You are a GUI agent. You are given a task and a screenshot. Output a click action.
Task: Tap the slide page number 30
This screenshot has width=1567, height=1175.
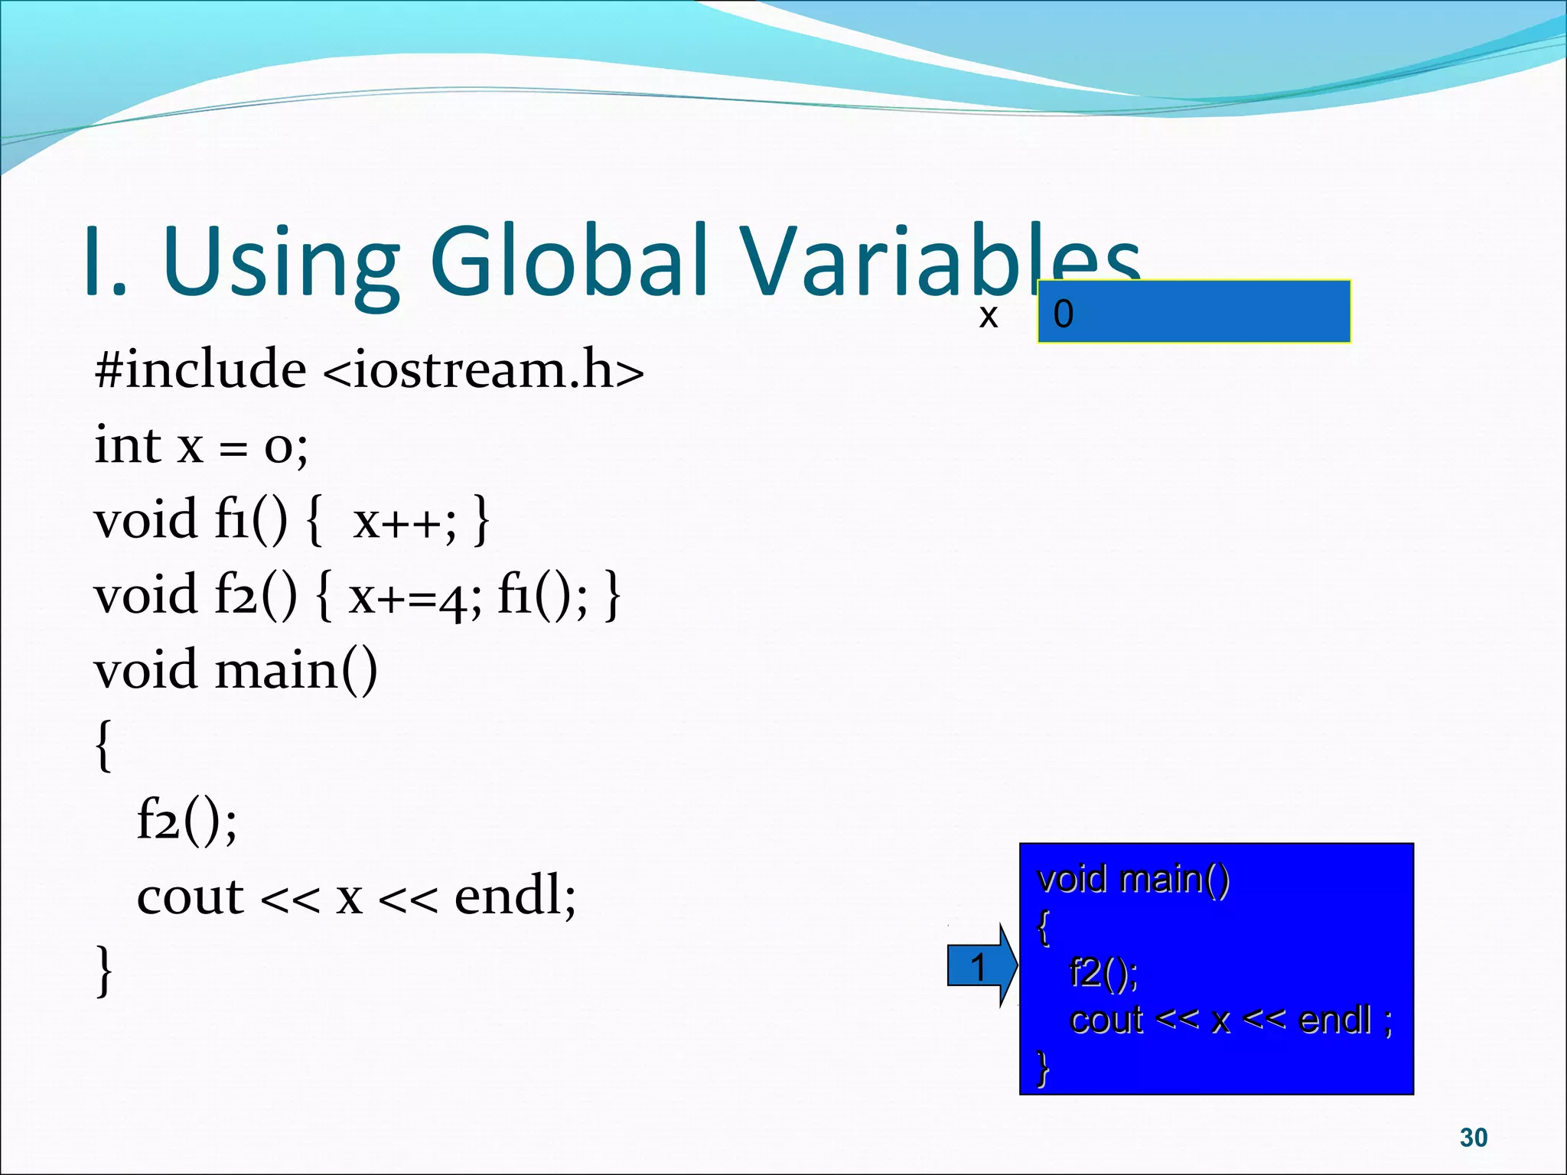(x=1473, y=1138)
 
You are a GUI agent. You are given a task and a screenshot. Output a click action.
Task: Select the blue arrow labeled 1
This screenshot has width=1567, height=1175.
(x=981, y=966)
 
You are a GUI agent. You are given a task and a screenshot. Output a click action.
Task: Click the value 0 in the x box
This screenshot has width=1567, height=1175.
(x=1064, y=314)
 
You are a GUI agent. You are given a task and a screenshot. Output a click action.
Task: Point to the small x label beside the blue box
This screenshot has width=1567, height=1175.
(x=988, y=315)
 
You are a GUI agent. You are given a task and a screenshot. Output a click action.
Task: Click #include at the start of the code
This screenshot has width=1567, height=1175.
(x=200, y=369)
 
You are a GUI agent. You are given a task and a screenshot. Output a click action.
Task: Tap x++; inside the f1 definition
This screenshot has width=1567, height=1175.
(x=404, y=520)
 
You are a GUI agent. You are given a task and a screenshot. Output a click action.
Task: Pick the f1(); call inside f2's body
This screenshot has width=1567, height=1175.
(x=542, y=595)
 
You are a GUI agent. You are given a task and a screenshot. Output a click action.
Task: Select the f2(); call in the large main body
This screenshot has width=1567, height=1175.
(x=187, y=820)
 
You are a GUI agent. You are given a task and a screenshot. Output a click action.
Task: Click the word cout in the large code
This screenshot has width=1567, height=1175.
(x=190, y=896)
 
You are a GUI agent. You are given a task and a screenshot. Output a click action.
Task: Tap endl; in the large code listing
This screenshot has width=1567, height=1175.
(x=515, y=896)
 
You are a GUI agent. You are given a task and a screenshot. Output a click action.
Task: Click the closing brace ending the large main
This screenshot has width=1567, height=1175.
(x=104, y=970)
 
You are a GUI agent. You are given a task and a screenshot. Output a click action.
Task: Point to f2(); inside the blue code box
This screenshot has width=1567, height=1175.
(x=1103, y=972)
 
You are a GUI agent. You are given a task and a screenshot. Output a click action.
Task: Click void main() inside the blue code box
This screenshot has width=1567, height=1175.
(x=1132, y=878)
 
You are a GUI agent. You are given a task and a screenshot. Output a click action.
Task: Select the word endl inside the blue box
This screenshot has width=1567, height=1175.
(x=1335, y=1019)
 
